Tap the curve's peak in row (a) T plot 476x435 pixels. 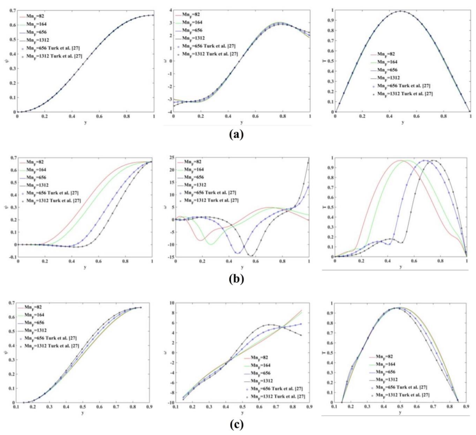pyautogui.click(x=401, y=12)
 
